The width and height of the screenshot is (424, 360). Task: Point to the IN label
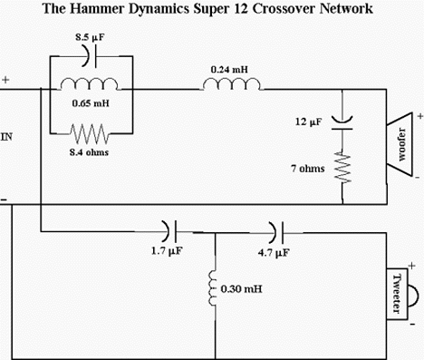8,138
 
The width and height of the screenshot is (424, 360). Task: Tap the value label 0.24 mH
226,68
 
